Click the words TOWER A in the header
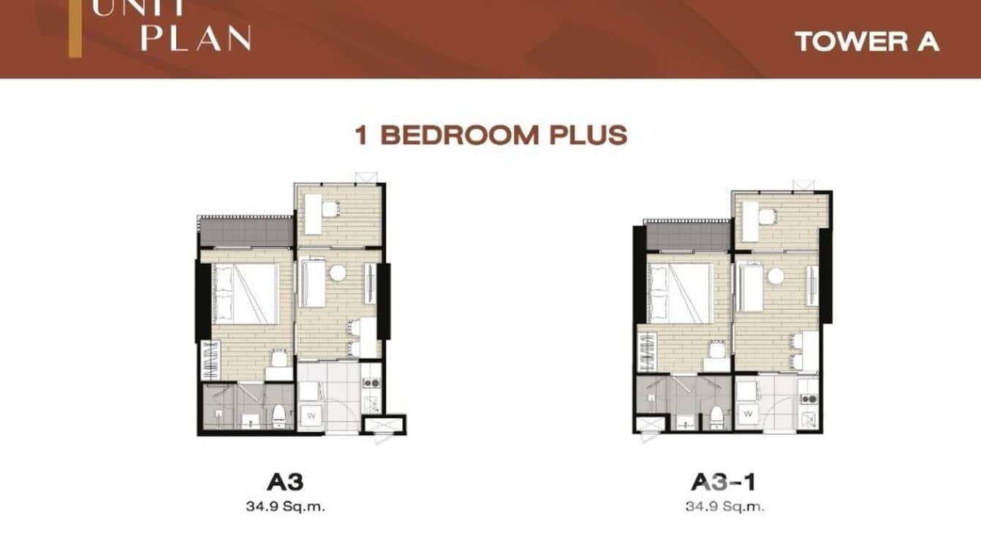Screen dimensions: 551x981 [x=866, y=42]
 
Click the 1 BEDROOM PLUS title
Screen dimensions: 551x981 [x=490, y=135]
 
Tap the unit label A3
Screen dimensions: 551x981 [x=285, y=482]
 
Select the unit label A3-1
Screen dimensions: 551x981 [x=723, y=482]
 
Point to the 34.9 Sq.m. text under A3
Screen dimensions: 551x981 [x=285, y=505]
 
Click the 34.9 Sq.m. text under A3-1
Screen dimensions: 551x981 [x=724, y=505]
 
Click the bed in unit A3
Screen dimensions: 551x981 [x=246, y=293]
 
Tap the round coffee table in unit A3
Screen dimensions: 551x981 [x=337, y=273]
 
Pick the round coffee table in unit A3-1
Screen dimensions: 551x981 [x=775, y=275]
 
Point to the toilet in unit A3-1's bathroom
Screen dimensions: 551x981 [x=716, y=417]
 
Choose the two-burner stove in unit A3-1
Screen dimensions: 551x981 [x=808, y=398]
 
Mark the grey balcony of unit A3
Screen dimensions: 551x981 [x=246, y=232]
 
